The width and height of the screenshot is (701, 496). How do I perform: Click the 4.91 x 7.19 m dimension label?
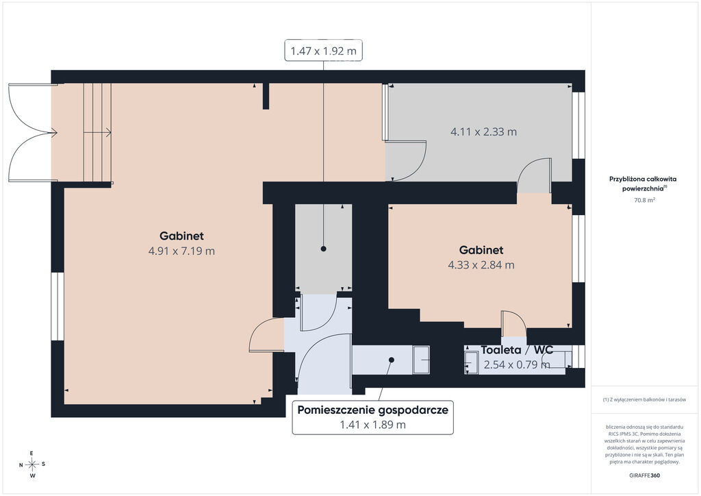tap(181, 251)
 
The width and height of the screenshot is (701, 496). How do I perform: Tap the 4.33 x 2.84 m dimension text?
tap(481, 264)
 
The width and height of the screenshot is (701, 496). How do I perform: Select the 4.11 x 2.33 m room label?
tap(484, 132)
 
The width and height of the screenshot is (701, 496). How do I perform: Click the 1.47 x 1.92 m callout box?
tap(324, 51)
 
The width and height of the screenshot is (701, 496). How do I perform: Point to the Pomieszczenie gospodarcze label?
tap(373, 410)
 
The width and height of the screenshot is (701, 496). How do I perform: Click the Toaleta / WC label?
tap(518, 350)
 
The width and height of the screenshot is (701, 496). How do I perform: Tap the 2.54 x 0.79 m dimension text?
tap(518, 364)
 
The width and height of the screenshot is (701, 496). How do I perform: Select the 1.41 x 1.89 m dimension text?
tap(373, 425)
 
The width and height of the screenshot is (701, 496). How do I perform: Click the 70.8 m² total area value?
tap(644, 200)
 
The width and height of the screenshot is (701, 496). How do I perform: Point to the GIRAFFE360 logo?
tap(644, 475)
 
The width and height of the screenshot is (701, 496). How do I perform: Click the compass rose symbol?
tap(32, 464)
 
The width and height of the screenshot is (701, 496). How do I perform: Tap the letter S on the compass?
tap(43, 464)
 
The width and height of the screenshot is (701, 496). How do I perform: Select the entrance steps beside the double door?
tap(97, 132)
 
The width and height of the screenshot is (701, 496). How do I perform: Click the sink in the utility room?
tap(421, 360)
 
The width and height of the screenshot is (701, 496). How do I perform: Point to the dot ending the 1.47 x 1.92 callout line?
tap(324, 249)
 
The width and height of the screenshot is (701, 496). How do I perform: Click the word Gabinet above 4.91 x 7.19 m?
tap(181, 236)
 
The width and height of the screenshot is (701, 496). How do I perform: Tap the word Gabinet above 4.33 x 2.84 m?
tap(481, 250)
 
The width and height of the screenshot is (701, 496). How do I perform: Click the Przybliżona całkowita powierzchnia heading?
tap(643, 184)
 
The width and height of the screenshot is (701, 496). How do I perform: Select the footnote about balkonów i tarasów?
tap(644, 399)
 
